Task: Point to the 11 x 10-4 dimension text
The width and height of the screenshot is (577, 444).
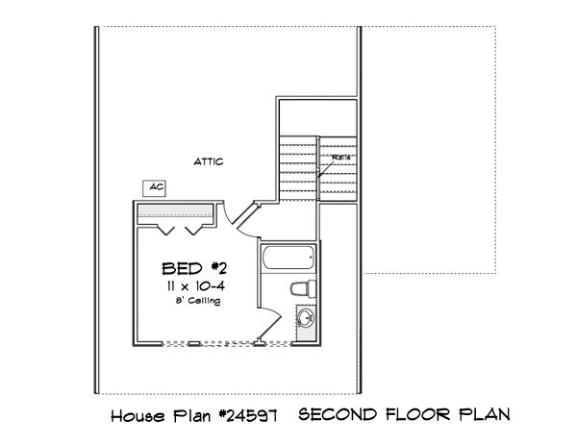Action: click(190, 285)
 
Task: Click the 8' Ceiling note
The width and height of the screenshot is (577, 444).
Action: click(196, 301)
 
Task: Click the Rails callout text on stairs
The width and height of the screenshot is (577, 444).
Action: click(341, 157)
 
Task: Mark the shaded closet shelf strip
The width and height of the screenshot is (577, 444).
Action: click(173, 211)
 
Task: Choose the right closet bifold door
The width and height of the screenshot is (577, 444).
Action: click(193, 229)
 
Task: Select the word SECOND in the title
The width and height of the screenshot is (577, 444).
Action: click(335, 415)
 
